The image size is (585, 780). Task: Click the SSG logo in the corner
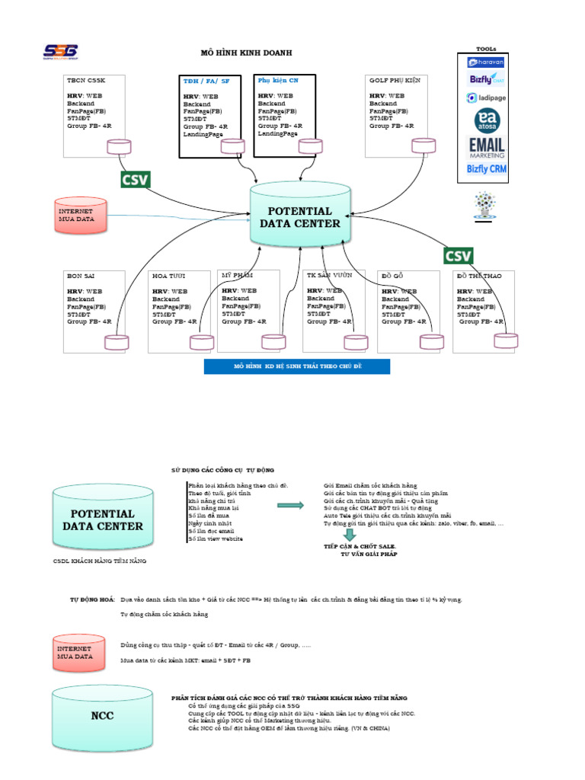click(60, 52)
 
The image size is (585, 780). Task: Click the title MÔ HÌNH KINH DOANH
click(245, 53)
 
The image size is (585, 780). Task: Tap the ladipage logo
click(487, 97)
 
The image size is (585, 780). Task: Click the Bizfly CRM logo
click(487, 169)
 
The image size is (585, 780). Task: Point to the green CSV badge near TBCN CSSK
click(136, 180)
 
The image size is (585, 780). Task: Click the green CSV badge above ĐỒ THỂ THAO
click(458, 255)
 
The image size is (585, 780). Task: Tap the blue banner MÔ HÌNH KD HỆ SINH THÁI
click(297, 367)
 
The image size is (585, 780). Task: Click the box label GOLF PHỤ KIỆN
click(395, 79)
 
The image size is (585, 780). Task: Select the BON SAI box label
click(79, 276)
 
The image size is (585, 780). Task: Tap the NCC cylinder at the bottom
click(102, 715)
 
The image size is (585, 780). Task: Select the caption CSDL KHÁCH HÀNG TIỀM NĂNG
click(99, 561)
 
